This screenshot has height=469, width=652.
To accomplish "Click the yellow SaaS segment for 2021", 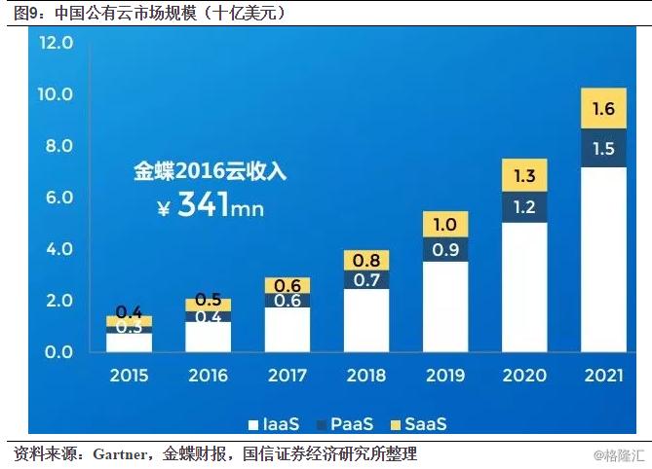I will click(602, 108).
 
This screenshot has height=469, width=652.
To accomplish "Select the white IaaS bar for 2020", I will click(523, 287).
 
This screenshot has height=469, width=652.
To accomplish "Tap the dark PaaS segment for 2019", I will click(445, 249).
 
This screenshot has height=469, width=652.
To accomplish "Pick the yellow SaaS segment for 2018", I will click(365, 260).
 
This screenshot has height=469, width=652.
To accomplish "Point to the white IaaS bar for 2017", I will click(287, 329).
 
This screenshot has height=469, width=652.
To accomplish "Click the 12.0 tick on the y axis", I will click(56, 43).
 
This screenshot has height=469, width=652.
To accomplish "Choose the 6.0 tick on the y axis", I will click(56, 198).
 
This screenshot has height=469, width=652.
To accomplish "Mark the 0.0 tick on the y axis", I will click(56, 351).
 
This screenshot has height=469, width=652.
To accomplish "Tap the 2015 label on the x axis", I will click(130, 376).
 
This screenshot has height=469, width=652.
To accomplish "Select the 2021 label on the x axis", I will click(603, 376).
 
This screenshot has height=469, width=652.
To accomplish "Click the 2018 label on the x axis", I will click(365, 376).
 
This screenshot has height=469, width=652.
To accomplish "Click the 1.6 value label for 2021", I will click(602, 108).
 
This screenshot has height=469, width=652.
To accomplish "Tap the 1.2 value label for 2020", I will click(523, 206).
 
